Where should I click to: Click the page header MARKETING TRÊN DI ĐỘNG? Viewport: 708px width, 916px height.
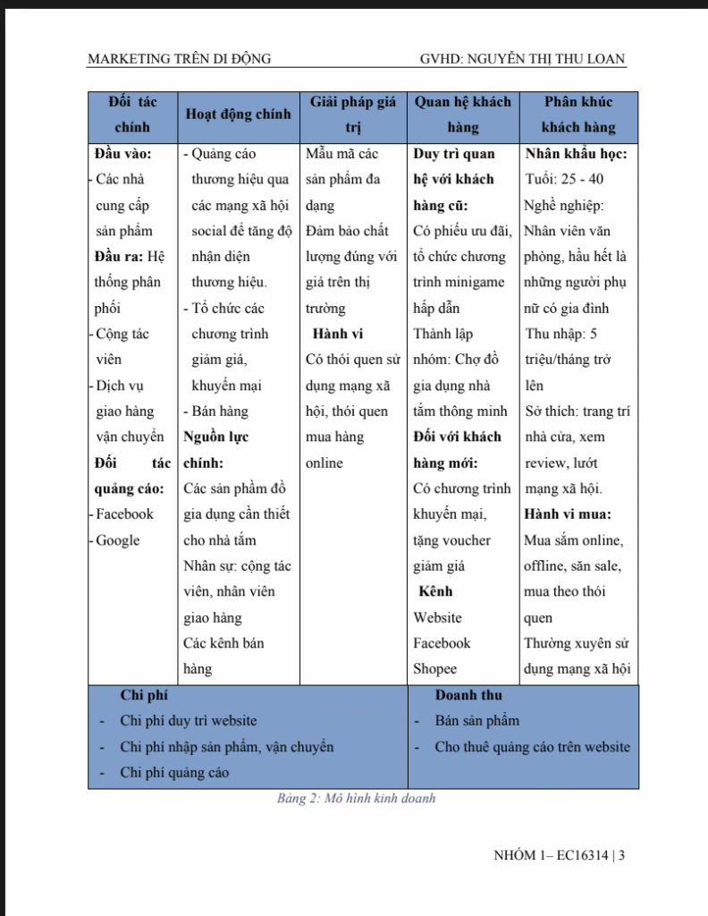click(179, 59)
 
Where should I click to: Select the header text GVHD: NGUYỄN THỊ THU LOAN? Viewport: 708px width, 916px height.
click(522, 59)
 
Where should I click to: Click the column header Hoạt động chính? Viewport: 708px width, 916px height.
click(237, 114)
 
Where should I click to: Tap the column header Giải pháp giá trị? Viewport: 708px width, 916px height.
click(352, 114)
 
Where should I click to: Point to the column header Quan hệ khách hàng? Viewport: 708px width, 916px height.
click(462, 114)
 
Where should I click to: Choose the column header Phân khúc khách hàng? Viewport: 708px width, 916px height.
click(578, 114)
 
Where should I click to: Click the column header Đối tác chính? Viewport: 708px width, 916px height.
click(132, 114)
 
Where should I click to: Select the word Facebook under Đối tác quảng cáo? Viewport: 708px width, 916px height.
click(125, 514)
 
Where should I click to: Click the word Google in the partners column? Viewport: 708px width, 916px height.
click(118, 540)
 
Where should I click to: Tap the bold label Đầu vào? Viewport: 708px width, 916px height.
click(122, 154)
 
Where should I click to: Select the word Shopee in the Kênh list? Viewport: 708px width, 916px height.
click(434, 669)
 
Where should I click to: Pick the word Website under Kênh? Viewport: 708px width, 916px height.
click(437, 617)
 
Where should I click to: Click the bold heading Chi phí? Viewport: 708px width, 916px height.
click(143, 695)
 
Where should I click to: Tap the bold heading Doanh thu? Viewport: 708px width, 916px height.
click(468, 695)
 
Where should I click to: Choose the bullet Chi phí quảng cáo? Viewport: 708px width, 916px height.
click(174, 773)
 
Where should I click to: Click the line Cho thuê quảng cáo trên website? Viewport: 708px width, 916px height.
click(532, 747)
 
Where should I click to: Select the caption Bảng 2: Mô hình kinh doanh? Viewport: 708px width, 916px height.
click(355, 799)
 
